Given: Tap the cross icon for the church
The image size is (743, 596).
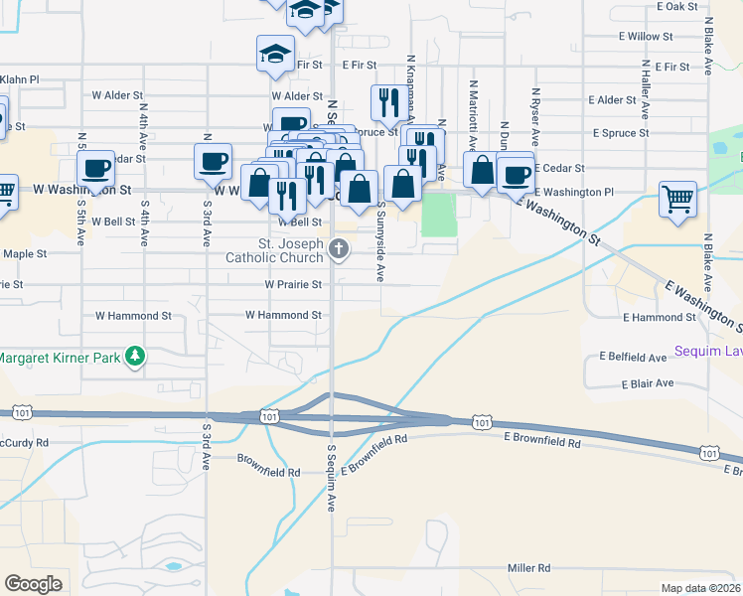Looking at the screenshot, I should pyautogui.click(x=340, y=249).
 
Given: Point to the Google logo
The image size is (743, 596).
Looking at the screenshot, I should pyautogui.click(x=33, y=584).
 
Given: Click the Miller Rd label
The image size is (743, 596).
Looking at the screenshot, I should pyautogui.click(x=528, y=568).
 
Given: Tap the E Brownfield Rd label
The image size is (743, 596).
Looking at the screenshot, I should pyautogui.click(x=541, y=438).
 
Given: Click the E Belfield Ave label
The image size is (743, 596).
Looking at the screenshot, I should pyautogui.click(x=633, y=357).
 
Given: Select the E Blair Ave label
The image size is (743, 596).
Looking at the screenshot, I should pyautogui.click(x=648, y=383).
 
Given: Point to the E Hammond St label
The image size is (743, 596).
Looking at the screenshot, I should pyautogui.click(x=659, y=317).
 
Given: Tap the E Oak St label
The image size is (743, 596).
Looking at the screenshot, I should pyautogui.click(x=678, y=6).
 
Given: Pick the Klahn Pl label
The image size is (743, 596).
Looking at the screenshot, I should pyautogui.click(x=19, y=79).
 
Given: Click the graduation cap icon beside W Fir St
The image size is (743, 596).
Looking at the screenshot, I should pyautogui.click(x=275, y=54).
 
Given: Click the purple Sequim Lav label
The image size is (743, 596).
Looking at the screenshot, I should pyautogui.click(x=708, y=351).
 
